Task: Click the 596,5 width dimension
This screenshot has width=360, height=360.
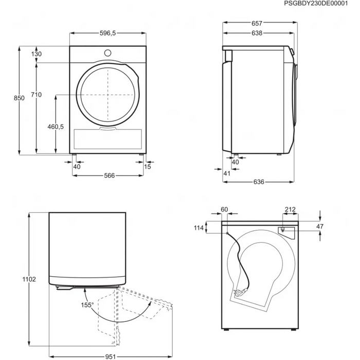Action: pos(108,32)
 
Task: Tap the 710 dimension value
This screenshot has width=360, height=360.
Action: pos(36,95)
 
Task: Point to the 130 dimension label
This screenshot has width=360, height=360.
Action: pos(36,54)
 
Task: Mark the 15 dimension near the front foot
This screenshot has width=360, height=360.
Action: pos(148,166)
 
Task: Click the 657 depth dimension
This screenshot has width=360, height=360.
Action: pos(258,23)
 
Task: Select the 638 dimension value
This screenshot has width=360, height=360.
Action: pos(258,33)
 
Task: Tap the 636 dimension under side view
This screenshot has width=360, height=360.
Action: pos(259,182)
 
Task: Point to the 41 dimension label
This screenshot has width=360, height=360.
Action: pos(227,174)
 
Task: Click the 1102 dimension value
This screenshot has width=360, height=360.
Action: pos(30,279)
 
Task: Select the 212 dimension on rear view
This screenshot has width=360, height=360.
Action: pos(290,209)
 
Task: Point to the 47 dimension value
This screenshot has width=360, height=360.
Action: pos(319,226)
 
